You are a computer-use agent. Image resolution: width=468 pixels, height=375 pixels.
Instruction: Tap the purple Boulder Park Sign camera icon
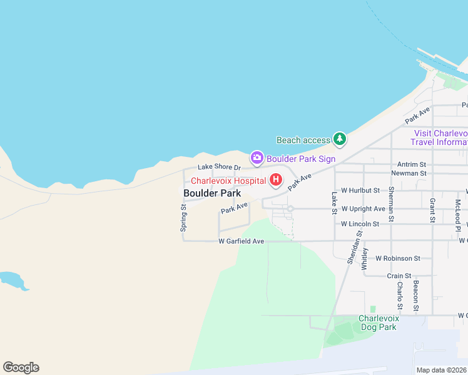[257, 159]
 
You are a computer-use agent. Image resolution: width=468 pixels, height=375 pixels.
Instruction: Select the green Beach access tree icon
[340, 139]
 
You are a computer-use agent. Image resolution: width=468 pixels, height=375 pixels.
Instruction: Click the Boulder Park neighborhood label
[212, 193]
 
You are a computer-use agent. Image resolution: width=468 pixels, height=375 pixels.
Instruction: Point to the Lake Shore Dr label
[219, 167]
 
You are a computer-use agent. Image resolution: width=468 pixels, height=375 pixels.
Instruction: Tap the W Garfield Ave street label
[242, 241]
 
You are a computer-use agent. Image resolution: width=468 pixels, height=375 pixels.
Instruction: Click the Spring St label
[183, 217]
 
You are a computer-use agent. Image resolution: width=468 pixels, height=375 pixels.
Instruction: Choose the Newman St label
[408, 173]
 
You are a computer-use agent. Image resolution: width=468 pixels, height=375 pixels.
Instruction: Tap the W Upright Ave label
[363, 208]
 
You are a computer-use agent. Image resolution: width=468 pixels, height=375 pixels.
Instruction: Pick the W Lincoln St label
[360, 224]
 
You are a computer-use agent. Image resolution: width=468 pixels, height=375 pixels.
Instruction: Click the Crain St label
[399, 276]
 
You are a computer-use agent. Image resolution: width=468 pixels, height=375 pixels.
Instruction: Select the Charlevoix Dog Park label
[378, 322]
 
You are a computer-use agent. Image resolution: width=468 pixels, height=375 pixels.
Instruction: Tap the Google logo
[21, 367]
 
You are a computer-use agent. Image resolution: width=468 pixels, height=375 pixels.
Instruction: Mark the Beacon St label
[415, 296]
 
